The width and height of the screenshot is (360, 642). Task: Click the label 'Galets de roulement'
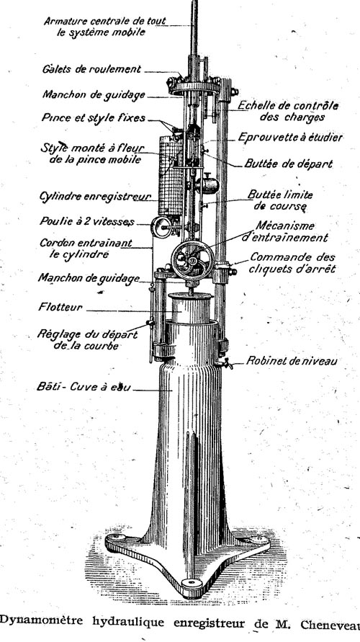tap(91, 69)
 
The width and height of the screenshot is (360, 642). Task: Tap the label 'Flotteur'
tap(60, 307)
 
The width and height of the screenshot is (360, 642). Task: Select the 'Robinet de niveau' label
tap(292, 361)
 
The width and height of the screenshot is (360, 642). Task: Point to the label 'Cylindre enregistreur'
tap(96, 197)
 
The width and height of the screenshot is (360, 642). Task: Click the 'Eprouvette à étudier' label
tap(290, 138)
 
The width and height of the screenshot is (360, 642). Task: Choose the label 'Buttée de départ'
tap(289, 164)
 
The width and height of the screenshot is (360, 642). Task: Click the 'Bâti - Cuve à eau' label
tap(84, 386)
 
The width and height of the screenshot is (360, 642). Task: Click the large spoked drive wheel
tap(192, 260)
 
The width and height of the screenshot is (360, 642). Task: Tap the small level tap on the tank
tap(226, 362)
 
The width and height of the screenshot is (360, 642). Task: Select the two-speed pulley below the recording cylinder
tap(161, 227)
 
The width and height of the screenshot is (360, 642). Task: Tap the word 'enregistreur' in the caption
tap(209, 623)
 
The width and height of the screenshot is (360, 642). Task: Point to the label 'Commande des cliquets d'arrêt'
tap(292, 263)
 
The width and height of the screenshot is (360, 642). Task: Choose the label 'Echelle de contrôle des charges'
tap(289, 112)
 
